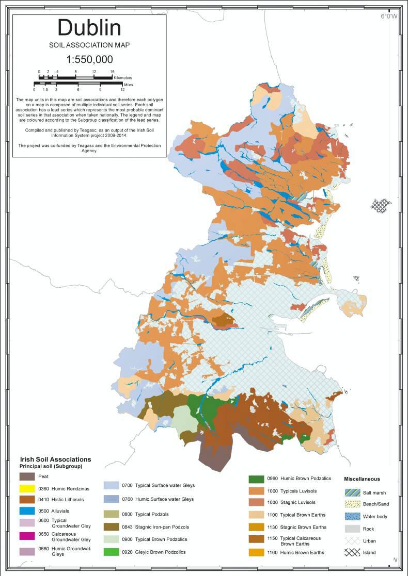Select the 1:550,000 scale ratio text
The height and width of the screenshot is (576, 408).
pos(89,59)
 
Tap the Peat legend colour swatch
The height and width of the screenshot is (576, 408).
pos(26,476)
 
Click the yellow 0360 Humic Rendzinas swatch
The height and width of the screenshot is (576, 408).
pos(26,488)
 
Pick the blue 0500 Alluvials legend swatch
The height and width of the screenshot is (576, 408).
pos(26,511)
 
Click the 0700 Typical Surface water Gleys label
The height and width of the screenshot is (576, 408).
pos(158,485)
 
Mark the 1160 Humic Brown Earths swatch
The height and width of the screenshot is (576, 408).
pos(256,552)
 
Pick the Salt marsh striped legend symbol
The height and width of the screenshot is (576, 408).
pos(353,492)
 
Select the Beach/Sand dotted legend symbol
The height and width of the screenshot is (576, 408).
pos(353,504)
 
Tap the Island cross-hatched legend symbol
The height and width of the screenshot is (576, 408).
pos(353,553)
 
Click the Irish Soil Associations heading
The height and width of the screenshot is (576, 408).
pos(55,459)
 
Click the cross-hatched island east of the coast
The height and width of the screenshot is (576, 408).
pos(382,205)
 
